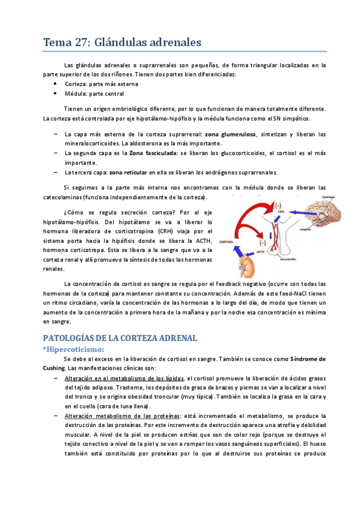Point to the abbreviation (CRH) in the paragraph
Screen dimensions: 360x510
point(168,231)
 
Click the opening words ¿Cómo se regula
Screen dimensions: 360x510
point(82,212)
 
